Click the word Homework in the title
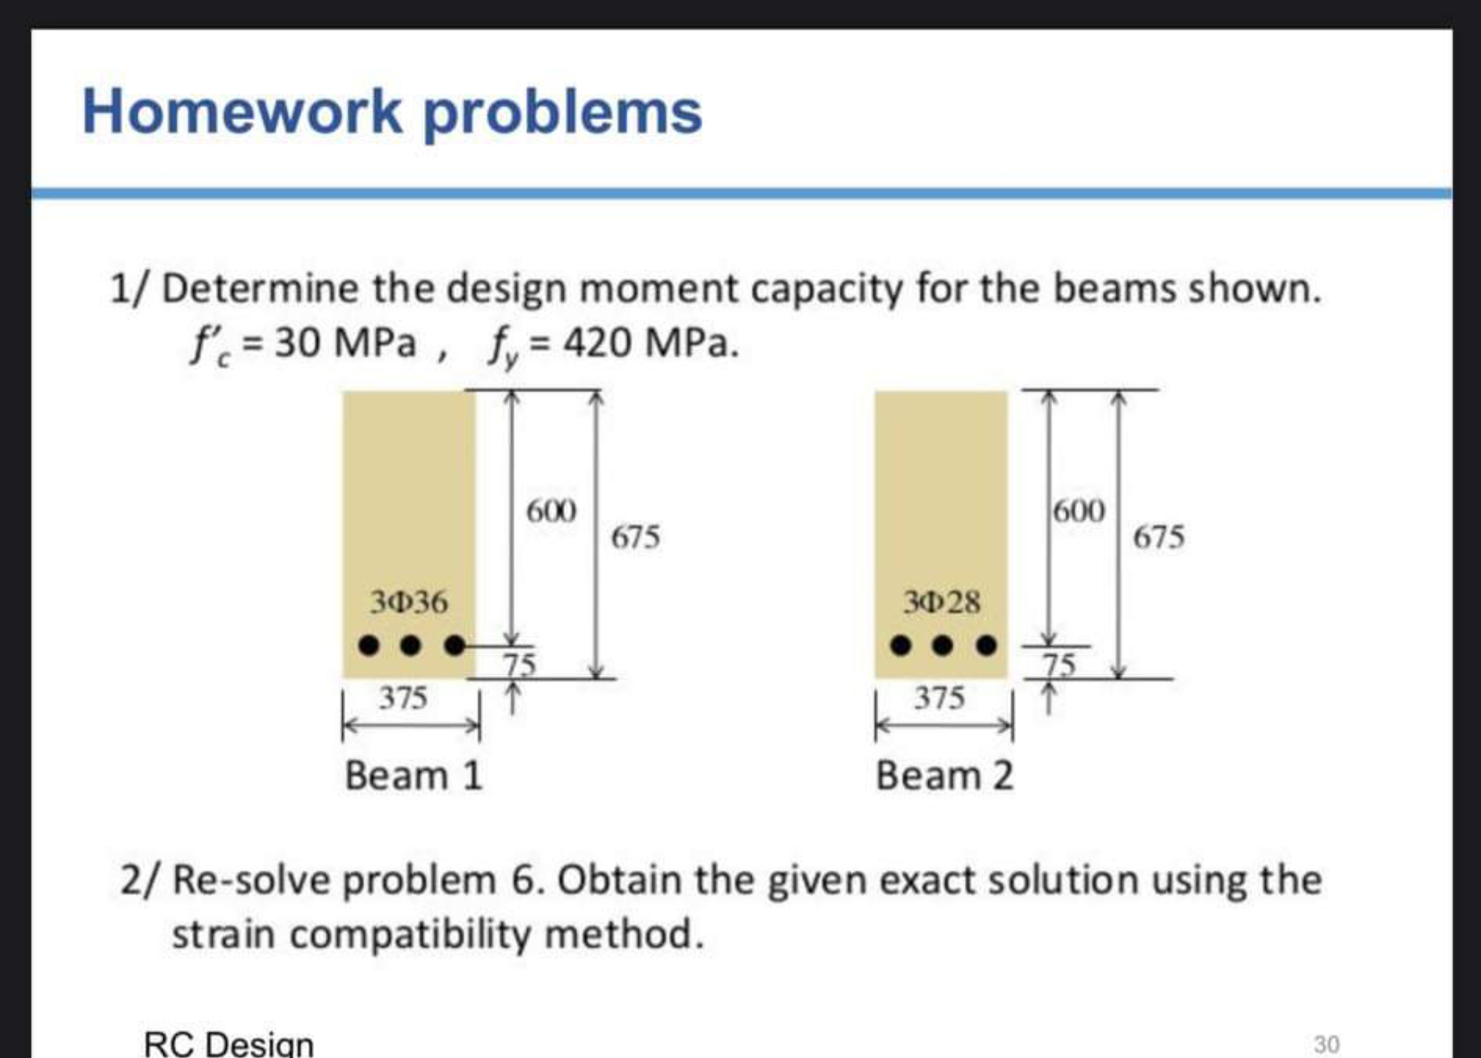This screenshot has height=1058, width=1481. tap(241, 112)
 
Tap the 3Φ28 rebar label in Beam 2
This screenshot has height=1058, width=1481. tap(941, 602)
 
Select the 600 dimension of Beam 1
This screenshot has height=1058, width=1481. tap(552, 511)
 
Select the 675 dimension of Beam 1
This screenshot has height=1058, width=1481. tap(636, 538)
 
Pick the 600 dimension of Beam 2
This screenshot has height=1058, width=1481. tap(1079, 511)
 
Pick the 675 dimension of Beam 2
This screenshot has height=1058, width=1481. tap(1158, 538)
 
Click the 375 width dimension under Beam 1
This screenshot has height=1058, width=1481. tap(404, 698)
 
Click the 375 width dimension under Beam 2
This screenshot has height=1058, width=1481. tap(939, 698)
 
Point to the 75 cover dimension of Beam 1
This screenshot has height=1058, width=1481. tap(519, 664)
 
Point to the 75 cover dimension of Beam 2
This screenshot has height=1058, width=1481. tap(1060, 664)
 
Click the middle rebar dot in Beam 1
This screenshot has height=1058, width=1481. tap(411, 646)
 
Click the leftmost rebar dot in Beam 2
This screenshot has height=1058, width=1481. tap(901, 646)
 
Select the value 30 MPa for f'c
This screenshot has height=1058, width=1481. tap(345, 343)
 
